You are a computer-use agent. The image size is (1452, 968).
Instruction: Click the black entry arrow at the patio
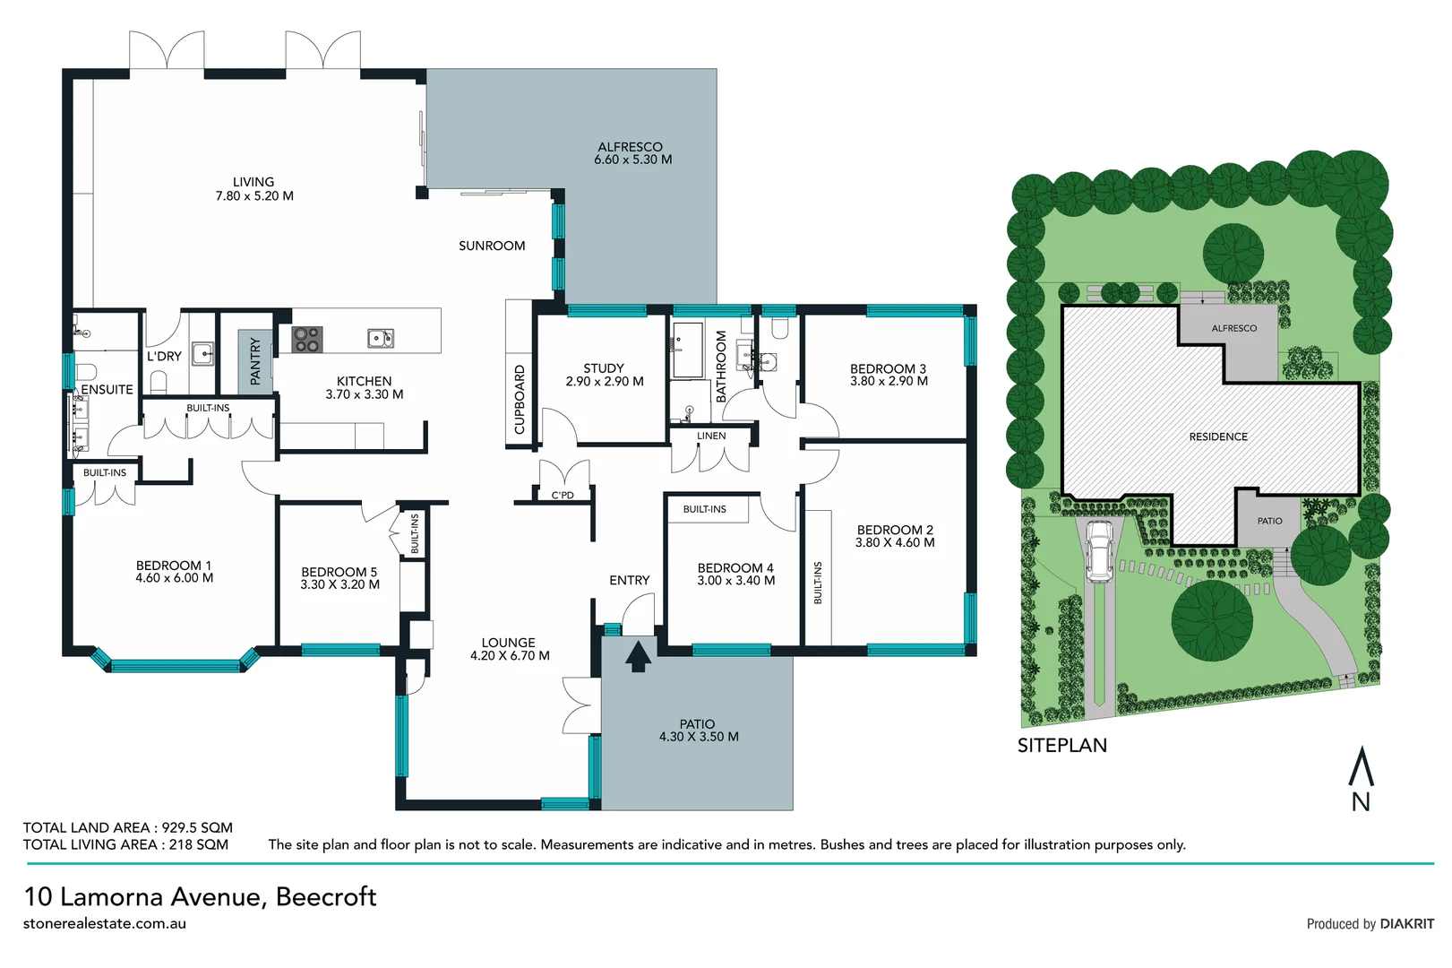click(638, 656)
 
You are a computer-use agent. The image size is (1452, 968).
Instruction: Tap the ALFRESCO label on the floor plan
click(630, 147)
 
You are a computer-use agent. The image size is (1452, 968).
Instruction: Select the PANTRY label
click(255, 361)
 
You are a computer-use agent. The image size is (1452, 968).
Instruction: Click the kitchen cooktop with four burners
click(307, 339)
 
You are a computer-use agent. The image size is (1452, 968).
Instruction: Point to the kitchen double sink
click(381, 338)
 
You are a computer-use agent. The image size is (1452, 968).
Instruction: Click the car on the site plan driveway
click(1098, 552)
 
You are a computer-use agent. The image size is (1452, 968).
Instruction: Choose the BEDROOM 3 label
click(888, 368)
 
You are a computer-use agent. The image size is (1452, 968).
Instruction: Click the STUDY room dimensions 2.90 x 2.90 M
click(605, 381)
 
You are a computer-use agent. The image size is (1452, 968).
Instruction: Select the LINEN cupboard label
click(711, 436)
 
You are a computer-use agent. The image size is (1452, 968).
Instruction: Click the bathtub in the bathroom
click(688, 350)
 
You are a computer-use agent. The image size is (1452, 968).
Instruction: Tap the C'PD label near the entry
click(563, 495)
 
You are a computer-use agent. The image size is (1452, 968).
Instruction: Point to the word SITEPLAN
click(1061, 746)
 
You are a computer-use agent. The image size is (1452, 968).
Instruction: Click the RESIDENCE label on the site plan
click(1218, 436)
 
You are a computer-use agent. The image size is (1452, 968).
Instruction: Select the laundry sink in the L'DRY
click(202, 353)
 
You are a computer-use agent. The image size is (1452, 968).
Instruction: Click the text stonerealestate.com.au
click(105, 923)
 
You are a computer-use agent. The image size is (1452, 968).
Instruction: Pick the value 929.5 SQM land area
click(197, 827)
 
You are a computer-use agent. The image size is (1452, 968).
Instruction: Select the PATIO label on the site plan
click(1269, 521)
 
